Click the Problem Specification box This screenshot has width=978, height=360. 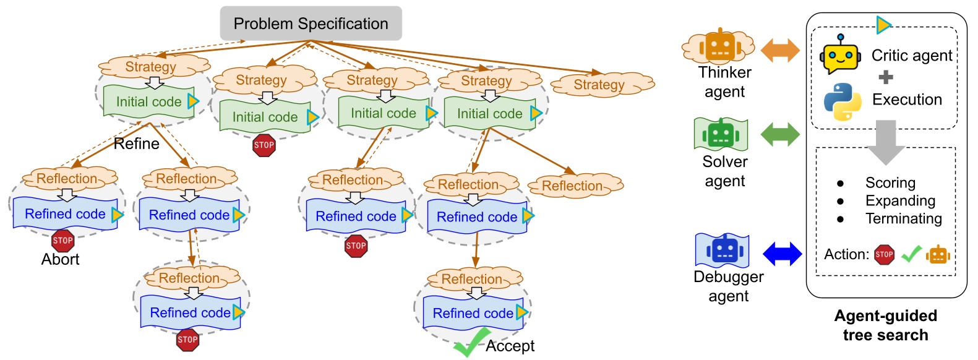click(311, 24)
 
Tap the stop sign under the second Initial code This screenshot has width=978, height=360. click(264, 145)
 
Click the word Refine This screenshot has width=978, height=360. click(136, 144)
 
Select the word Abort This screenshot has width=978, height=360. click(60, 259)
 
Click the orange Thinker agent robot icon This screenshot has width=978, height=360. click(720, 47)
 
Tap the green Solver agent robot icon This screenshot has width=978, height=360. click(721, 134)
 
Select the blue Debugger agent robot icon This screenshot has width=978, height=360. click(723, 250)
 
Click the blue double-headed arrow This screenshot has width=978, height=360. click(782, 254)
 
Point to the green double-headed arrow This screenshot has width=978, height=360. click(780, 134)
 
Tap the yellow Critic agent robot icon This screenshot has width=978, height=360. click(840, 56)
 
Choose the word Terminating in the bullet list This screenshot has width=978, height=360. click(903, 218)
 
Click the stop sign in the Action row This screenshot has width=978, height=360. click(884, 254)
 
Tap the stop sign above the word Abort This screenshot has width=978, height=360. click(62, 241)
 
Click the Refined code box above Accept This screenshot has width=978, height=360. click(473, 313)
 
